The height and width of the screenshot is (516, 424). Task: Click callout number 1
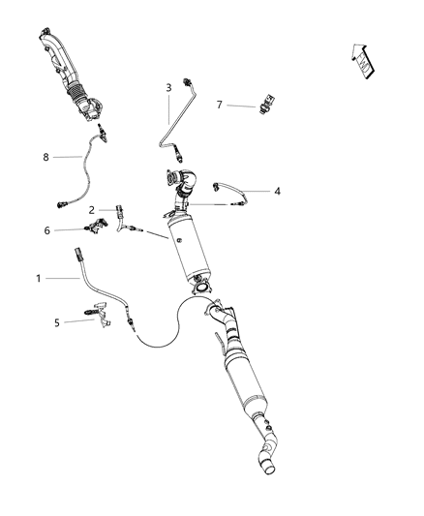(x=40, y=279)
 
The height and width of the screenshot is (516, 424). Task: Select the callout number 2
(x=91, y=209)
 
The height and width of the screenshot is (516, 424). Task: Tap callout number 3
(x=168, y=88)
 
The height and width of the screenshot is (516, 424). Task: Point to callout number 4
(x=277, y=192)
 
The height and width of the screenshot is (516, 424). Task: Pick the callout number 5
(x=57, y=322)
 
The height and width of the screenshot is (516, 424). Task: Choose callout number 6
(x=46, y=230)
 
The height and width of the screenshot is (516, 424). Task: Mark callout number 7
(x=220, y=104)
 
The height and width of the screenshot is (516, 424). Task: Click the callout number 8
(x=45, y=155)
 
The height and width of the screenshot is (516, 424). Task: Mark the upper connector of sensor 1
(x=79, y=256)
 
